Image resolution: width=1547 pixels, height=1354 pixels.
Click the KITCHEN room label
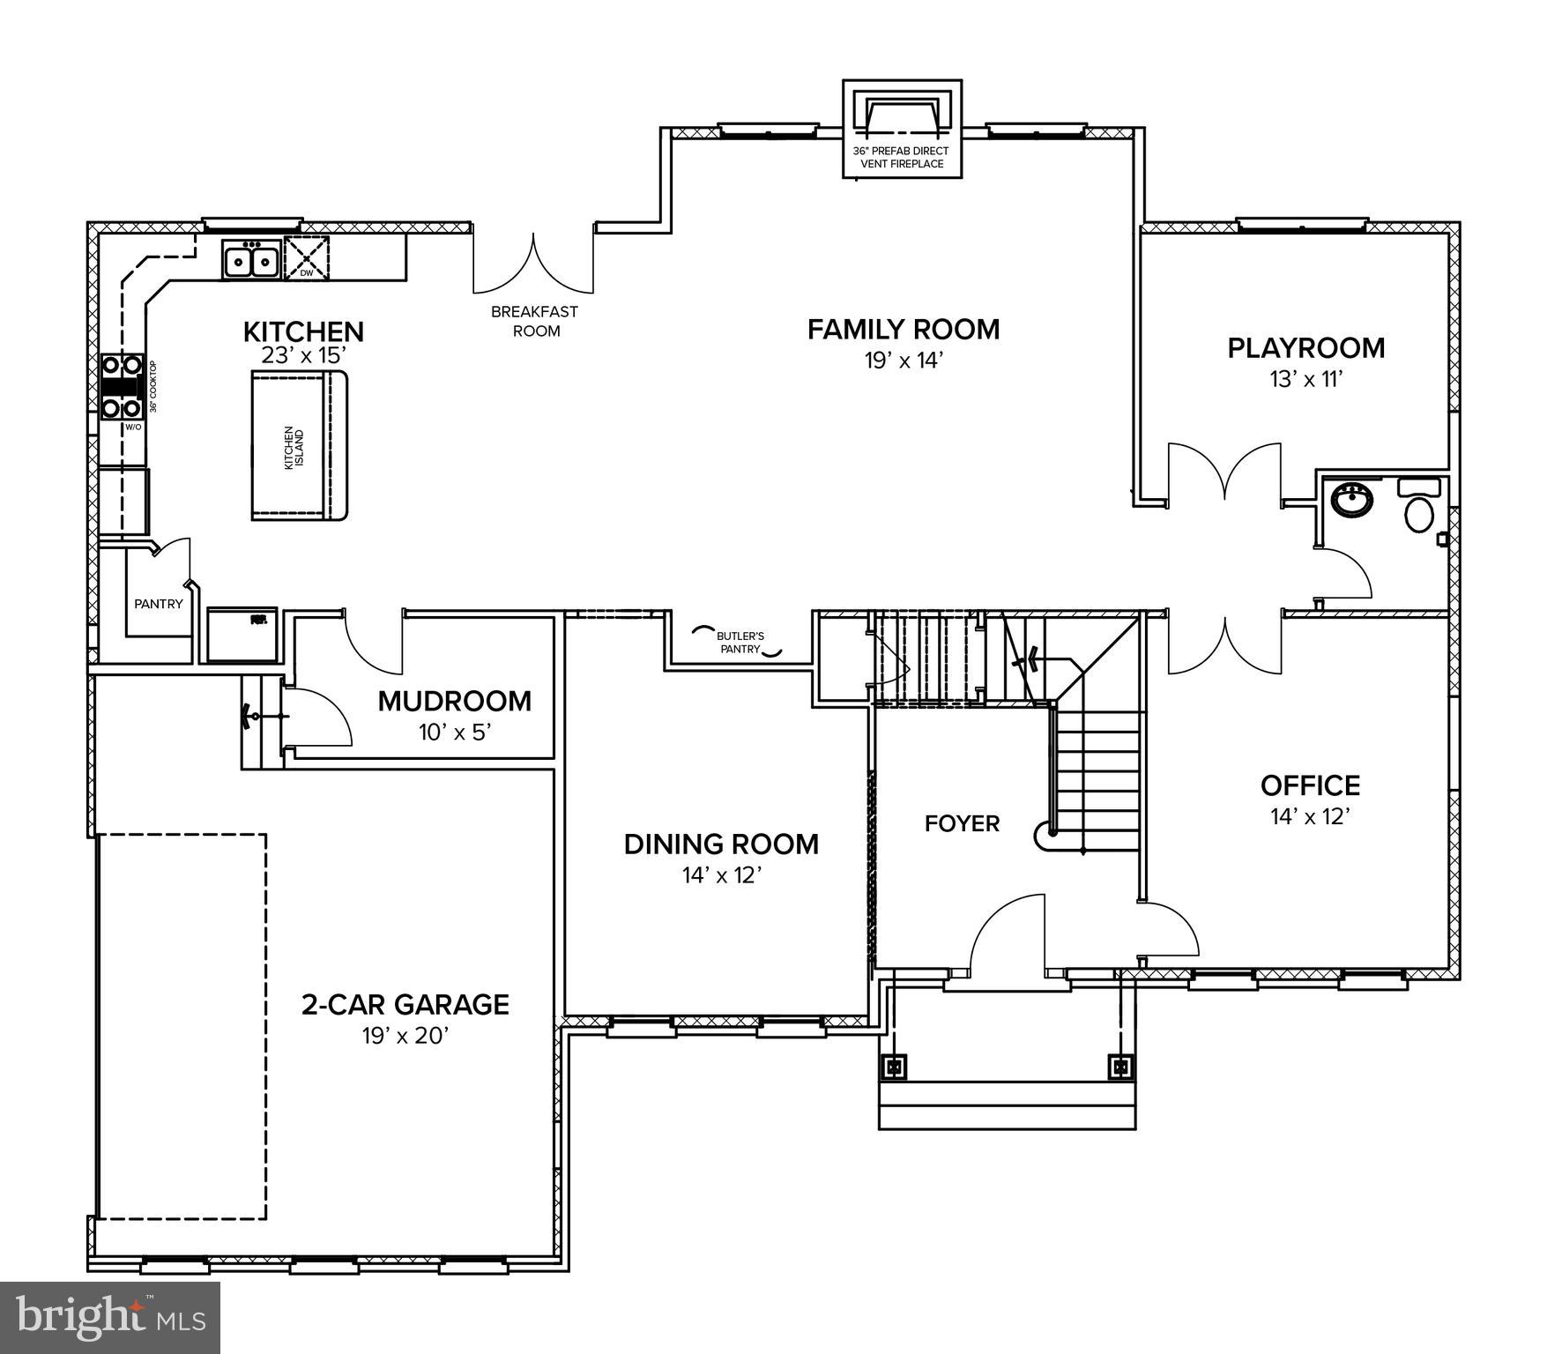point(303,332)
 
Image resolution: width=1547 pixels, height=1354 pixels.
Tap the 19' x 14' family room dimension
point(904,361)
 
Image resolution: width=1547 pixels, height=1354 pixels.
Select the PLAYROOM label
point(1305,348)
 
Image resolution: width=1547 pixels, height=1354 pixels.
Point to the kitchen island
point(300,446)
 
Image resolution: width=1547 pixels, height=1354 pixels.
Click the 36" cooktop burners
point(122,386)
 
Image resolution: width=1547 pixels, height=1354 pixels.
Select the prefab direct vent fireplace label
point(901,157)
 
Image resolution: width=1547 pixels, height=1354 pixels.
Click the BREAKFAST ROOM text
point(535,321)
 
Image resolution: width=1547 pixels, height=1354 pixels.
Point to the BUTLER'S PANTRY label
point(740,642)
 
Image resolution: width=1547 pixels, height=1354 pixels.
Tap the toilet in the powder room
point(1418,513)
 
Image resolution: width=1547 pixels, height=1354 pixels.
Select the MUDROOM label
point(454,702)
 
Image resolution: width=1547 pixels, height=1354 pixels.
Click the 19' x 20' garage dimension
point(405,1036)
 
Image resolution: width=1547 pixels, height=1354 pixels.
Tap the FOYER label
point(962,823)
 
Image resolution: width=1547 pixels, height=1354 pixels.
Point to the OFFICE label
point(1310,785)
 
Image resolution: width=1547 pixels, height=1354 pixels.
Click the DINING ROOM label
point(721,844)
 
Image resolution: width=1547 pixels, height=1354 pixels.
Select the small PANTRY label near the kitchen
point(159,604)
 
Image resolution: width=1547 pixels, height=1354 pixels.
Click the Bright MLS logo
point(110,1317)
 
